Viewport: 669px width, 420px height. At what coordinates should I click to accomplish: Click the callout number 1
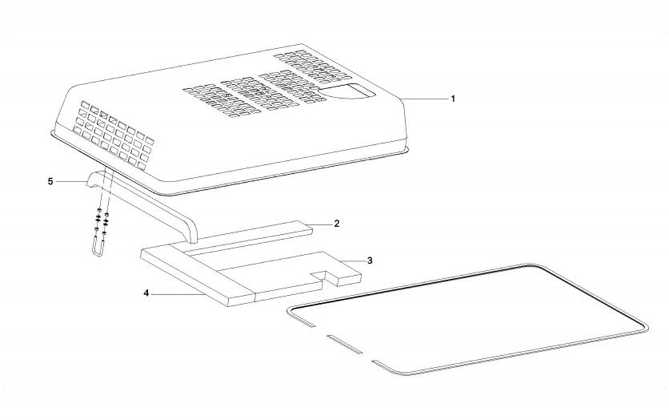click(x=453, y=99)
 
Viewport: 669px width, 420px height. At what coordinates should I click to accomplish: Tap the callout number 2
click(x=336, y=223)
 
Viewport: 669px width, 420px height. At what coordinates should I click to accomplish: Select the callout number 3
click(x=370, y=260)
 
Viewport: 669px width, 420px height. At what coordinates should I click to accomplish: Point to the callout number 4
click(x=146, y=293)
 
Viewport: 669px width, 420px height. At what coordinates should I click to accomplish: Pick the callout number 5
click(x=51, y=181)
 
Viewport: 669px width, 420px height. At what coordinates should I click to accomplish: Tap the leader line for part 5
click(x=71, y=182)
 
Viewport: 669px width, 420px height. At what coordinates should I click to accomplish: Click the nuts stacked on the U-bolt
click(x=102, y=221)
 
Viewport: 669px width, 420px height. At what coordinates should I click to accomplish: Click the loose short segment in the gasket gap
click(x=344, y=344)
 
